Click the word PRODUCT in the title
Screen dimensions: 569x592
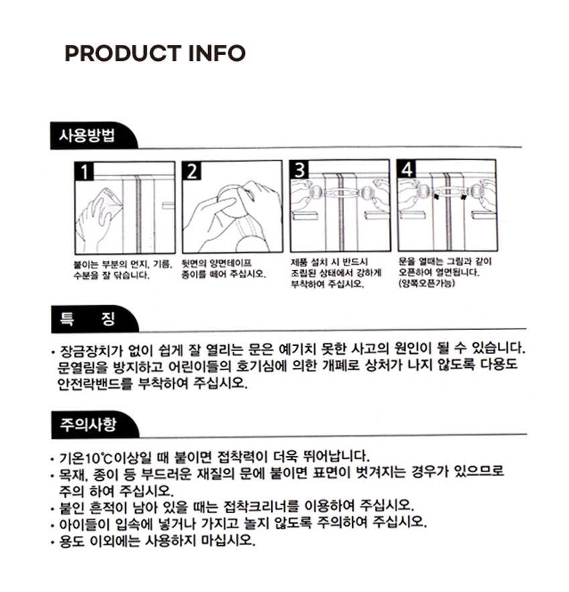(x=123, y=54)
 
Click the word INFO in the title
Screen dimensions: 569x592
(x=217, y=54)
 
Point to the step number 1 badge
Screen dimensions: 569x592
(x=84, y=171)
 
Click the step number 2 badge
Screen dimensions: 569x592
(x=191, y=171)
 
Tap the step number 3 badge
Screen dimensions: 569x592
(x=299, y=169)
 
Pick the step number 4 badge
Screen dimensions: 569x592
(x=406, y=169)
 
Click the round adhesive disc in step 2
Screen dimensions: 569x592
(x=231, y=201)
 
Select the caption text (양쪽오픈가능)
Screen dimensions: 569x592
(x=427, y=283)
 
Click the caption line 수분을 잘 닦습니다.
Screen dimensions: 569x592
(x=112, y=275)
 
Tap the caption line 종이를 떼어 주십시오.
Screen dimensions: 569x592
(x=224, y=274)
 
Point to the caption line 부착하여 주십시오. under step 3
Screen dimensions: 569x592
(x=327, y=284)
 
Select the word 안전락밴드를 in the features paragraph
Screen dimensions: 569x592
(x=95, y=383)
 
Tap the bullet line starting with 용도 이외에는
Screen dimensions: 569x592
(x=153, y=541)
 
